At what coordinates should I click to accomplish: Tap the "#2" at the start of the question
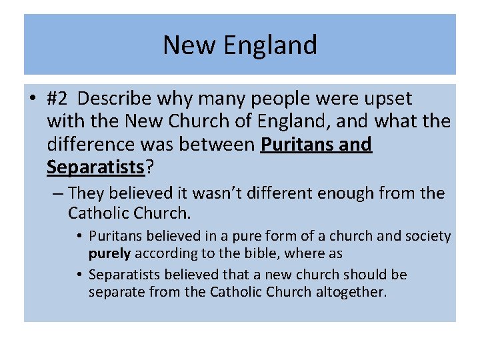pyautogui.click(x=58, y=99)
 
